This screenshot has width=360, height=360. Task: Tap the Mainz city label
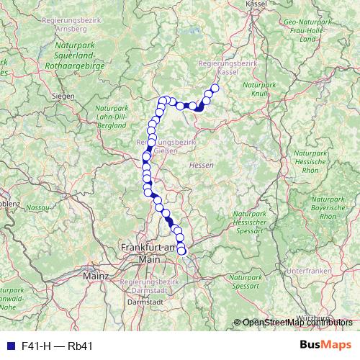point(95,275)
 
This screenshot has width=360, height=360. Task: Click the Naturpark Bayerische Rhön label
point(328,206)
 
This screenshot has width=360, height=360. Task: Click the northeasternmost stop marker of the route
point(215,89)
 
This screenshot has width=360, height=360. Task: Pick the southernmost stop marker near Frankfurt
point(182,251)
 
